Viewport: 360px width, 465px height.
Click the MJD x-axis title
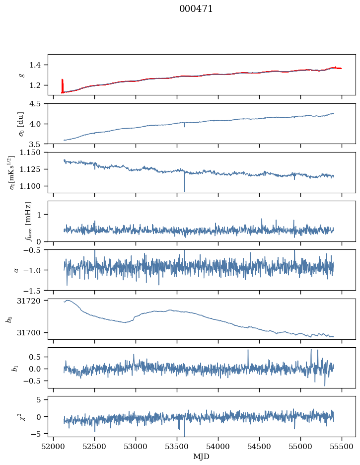(201, 456)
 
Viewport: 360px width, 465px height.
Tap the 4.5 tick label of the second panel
(39, 104)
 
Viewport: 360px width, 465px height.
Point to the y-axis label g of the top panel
(21, 75)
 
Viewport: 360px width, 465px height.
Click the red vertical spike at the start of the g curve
(62, 85)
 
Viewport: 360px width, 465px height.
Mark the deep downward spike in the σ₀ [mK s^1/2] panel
(185, 190)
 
